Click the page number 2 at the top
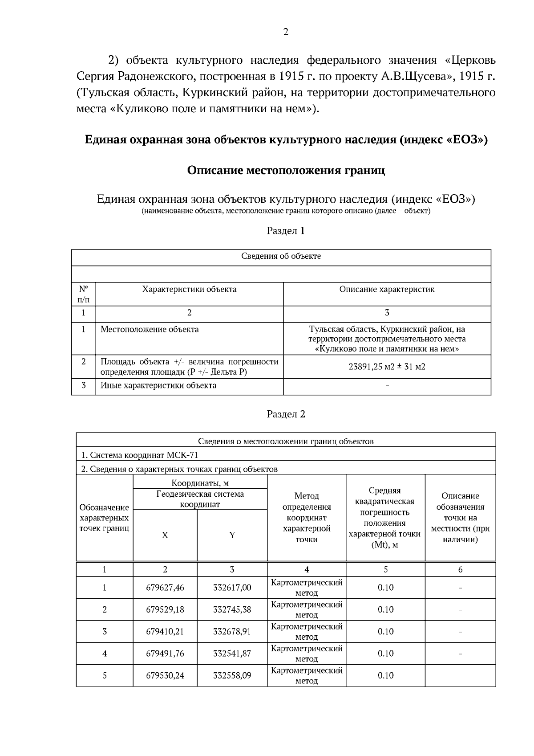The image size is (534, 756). [285, 32]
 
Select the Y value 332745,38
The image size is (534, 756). [232, 609]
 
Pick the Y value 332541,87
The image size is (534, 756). [232, 654]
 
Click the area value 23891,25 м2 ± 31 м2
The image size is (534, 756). [387, 367]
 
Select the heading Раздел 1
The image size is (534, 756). [286, 231]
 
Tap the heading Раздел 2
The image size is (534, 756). [286, 414]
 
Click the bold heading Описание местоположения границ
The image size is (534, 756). [286, 170]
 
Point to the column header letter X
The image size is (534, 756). [165, 535]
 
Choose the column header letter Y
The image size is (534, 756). [232, 535]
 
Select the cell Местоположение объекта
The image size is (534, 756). [150, 329]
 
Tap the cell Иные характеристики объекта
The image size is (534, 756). [158, 385]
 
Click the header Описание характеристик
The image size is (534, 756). [387, 289]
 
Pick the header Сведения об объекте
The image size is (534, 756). [281, 256]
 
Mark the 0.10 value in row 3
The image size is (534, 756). [385, 631]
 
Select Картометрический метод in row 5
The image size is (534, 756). [307, 675]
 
